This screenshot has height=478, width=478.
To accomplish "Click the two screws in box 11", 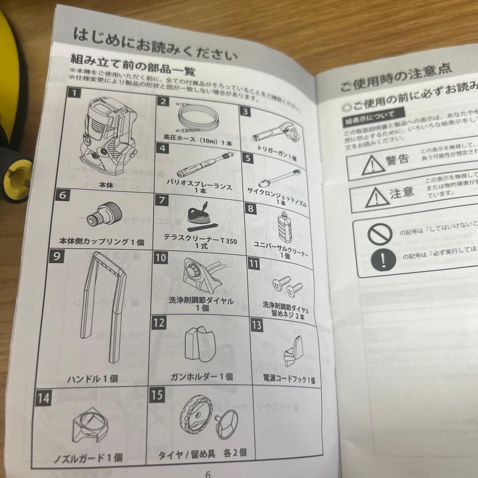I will coord(285,286).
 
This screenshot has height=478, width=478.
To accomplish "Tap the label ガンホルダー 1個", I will coord(201,377).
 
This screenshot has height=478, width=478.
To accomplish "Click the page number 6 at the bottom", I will coord(208,472).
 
